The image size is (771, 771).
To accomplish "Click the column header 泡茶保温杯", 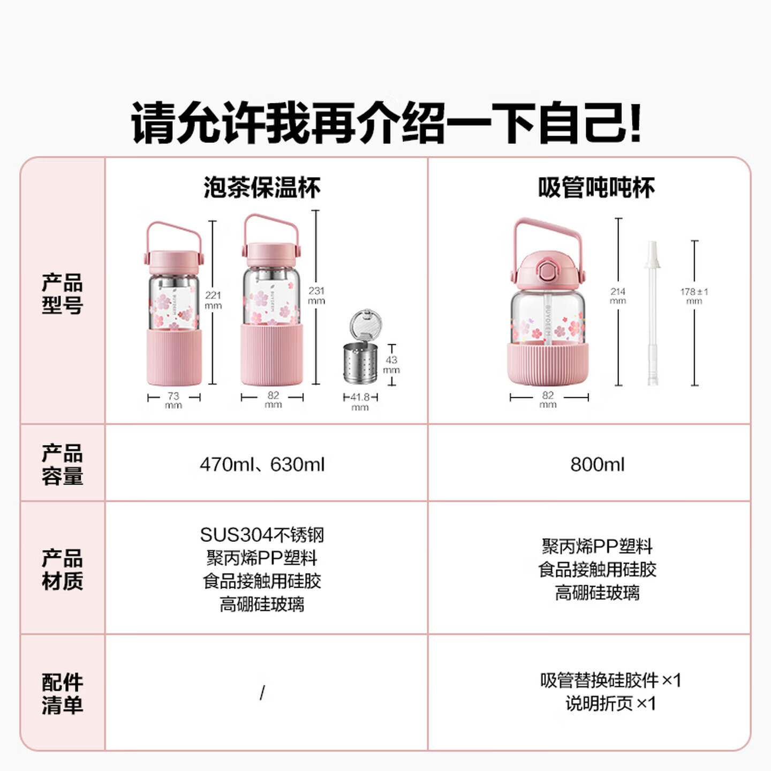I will pyautogui.click(x=262, y=188).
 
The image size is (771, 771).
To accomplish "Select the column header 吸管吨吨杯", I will pyautogui.click(x=596, y=188).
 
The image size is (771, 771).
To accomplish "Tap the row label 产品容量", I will pyautogui.click(x=63, y=464).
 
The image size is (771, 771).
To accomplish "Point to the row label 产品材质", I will pyautogui.click(x=63, y=569).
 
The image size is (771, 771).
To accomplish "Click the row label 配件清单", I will pyautogui.click(x=63, y=693).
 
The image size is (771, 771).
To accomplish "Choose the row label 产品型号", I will pyautogui.click(x=63, y=293).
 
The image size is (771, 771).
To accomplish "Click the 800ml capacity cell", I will pyautogui.click(x=597, y=464).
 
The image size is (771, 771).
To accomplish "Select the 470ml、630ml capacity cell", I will pyautogui.click(x=262, y=464).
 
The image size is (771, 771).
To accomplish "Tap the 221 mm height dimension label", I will pyautogui.click(x=213, y=300).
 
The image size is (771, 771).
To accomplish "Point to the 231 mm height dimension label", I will pyautogui.click(x=316, y=295).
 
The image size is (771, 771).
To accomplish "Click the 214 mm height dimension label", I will pyautogui.click(x=618, y=296).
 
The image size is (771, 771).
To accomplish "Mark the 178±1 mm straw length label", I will pyautogui.click(x=694, y=296).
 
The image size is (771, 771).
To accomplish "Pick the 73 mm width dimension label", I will pyautogui.click(x=173, y=399).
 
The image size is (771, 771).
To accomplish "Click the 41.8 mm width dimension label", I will pyautogui.click(x=360, y=401).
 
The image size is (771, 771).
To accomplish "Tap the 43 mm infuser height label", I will pyautogui.click(x=391, y=364).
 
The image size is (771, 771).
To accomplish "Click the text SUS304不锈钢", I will pyautogui.click(x=262, y=535).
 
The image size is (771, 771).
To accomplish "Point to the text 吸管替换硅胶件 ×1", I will pyautogui.click(x=610, y=681).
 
